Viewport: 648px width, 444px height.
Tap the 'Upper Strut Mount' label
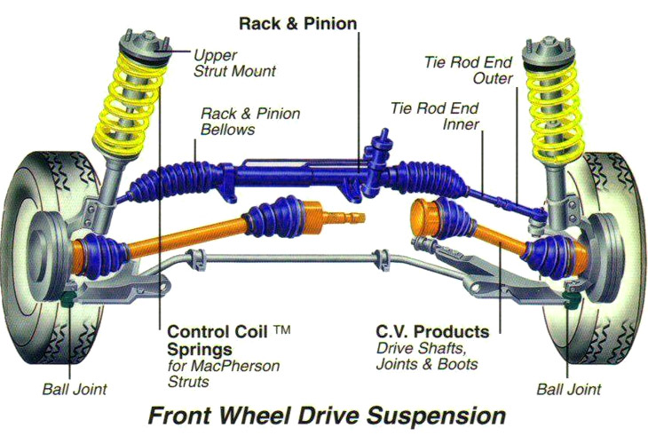click(x=234, y=62)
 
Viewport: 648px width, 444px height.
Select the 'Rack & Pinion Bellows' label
click(x=250, y=122)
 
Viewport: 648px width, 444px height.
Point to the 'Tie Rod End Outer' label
click(x=469, y=69)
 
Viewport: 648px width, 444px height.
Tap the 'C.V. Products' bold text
click(x=431, y=332)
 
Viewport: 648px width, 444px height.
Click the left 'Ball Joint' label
click(x=74, y=390)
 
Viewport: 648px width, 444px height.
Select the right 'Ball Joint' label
click(x=569, y=390)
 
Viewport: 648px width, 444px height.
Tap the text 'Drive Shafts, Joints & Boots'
click(x=427, y=356)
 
